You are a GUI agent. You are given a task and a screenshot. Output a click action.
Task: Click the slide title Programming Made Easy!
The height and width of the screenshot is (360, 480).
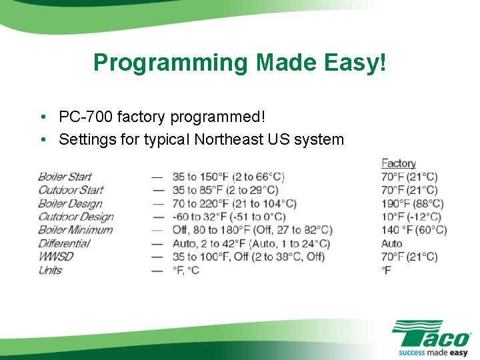point(239,63)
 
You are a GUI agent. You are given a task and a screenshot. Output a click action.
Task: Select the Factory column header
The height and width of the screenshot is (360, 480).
point(399,163)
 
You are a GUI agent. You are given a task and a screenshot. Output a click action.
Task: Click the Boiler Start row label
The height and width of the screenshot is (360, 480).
point(65,177)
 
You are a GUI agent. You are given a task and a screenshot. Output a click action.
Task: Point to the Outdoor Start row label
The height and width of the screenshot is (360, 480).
point(71,190)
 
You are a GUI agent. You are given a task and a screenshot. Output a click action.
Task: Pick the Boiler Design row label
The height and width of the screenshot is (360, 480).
point(70,203)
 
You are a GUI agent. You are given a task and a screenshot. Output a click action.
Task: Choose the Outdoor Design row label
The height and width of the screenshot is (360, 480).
point(75,217)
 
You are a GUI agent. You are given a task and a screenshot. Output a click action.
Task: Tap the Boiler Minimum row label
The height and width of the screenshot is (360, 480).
point(75,230)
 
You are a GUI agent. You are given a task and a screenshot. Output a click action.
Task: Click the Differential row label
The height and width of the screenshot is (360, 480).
point(64,243)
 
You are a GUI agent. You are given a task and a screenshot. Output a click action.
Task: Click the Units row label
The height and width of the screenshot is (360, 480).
point(50,270)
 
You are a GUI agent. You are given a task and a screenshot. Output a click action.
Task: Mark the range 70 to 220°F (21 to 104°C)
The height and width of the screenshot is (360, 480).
point(234,203)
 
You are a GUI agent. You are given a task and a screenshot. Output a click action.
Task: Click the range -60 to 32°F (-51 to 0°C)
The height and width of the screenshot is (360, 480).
point(229,217)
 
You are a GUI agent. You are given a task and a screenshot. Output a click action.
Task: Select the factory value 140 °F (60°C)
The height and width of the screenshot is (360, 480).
point(414,230)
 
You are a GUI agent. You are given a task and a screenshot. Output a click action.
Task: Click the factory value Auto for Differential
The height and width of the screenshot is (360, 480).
point(392,243)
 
